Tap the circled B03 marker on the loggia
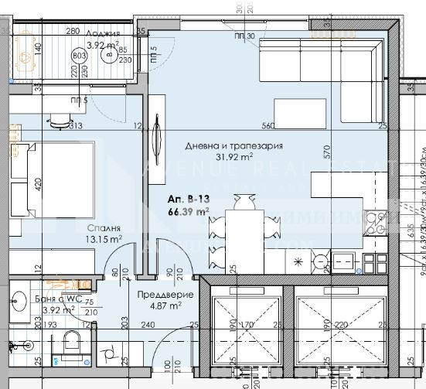click(80, 55)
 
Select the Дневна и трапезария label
click(233, 145)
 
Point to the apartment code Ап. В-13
click(188, 199)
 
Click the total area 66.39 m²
click(188, 211)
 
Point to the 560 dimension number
click(269, 125)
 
